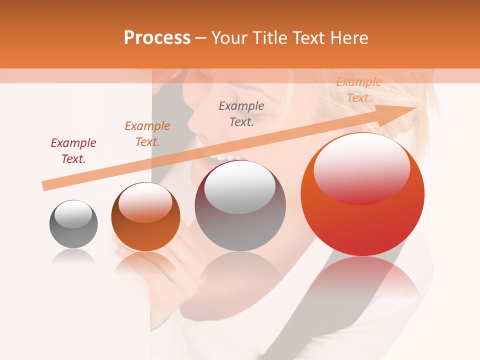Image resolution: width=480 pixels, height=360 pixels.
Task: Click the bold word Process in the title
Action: [x=157, y=38]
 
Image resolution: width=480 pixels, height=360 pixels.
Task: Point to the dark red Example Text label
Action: [x=73, y=151]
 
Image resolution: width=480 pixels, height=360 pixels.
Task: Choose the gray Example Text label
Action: [x=241, y=113]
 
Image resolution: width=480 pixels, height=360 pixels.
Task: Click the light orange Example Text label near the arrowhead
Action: [x=359, y=90]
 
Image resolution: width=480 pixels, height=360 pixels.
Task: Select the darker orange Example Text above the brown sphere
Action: [x=147, y=134]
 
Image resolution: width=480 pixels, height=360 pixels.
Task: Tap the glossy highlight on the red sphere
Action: [x=361, y=167]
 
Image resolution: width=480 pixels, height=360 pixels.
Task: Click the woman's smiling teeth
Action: [x=220, y=158]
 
